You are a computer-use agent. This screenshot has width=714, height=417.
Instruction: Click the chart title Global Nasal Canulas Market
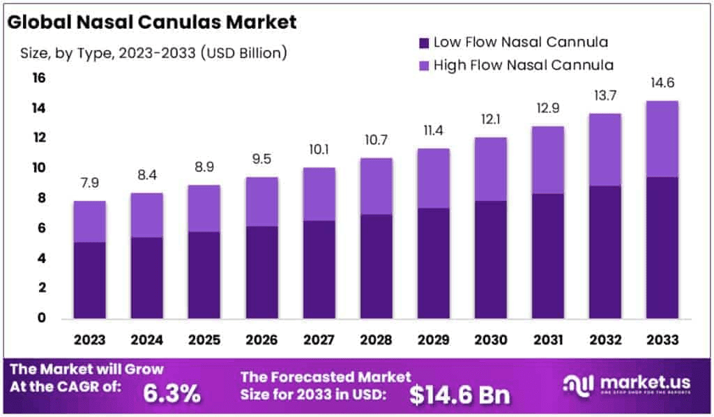click(152, 22)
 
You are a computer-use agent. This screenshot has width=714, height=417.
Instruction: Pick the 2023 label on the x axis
click(89, 340)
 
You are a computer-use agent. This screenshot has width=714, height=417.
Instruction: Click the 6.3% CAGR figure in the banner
click(172, 394)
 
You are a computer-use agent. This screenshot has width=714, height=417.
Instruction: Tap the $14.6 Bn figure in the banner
click(459, 395)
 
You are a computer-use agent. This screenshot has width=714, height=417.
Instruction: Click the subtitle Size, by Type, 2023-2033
click(149, 52)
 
